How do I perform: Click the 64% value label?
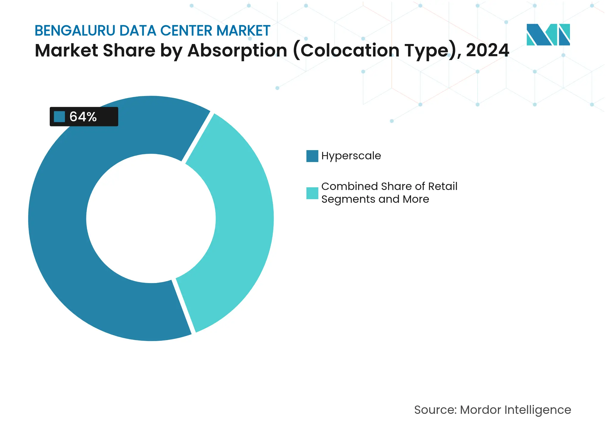pyautogui.click(x=83, y=117)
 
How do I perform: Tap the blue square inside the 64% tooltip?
pyautogui.click(x=59, y=117)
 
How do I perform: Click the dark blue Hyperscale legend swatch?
pyautogui.click(x=312, y=156)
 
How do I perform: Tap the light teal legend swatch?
pyautogui.click(x=312, y=193)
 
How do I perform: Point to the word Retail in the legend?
pyautogui.click(x=443, y=186)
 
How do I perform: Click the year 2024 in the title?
pyautogui.click(x=487, y=50)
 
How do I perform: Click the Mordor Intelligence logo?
pyautogui.click(x=548, y=34)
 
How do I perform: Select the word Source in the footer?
pyautogui.click(x=434, y=410)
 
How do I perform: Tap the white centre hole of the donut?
pyautogui.click(x=151, y=219)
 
